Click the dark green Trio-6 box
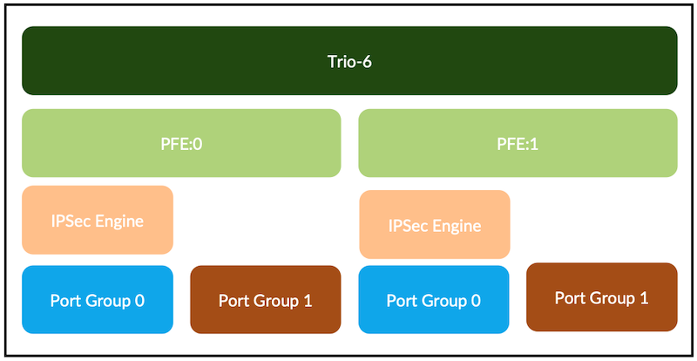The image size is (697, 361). point(348,61)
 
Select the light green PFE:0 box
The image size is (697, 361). point(181,143)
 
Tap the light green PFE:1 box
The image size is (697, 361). point(518,143)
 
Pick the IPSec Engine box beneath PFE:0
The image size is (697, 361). point(98,220)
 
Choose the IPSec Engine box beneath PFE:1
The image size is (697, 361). point(434,225)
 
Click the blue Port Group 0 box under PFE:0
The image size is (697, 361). point(98,300)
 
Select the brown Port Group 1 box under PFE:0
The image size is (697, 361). point(265,301)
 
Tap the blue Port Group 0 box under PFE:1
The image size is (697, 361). point(434,300)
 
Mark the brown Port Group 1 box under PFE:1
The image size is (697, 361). point(601,297)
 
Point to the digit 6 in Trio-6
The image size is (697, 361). point(369,62)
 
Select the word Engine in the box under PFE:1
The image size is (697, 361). point(459,226)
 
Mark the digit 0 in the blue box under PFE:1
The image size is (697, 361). point(476,301)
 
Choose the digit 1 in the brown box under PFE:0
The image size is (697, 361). point(308,302)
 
